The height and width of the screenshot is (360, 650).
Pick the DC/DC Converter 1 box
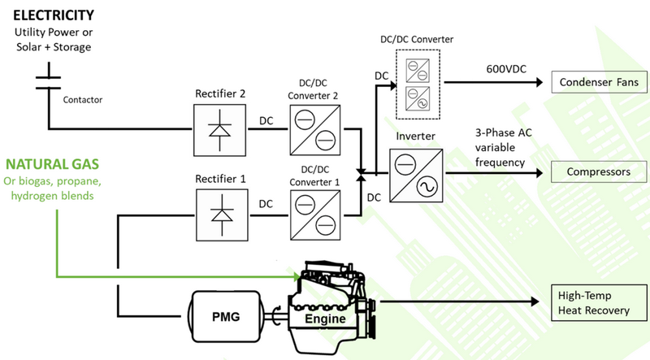tap(313, 214)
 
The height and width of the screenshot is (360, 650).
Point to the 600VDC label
tap(504, 69)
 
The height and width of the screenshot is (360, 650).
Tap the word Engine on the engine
tap(326, 320)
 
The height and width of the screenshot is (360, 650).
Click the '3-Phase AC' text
tap(505, 133)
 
